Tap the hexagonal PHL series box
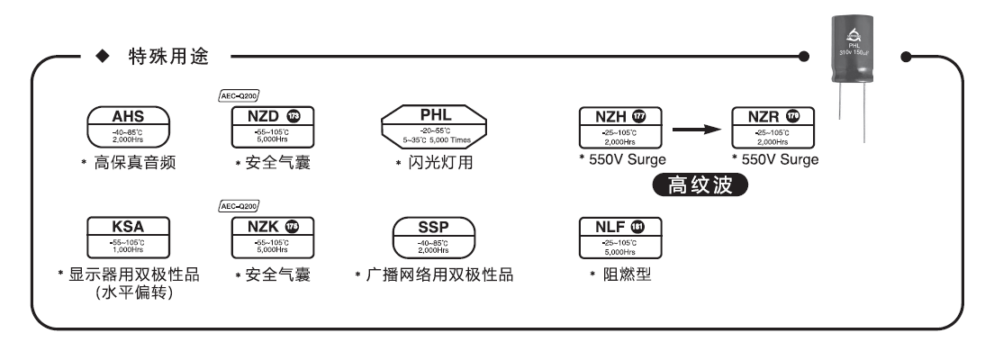pyautogui.click(x=433, y=128)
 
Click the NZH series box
pyautogui.click(x=618, y=128)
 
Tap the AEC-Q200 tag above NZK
pyautogui.click(x=239, y=205)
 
